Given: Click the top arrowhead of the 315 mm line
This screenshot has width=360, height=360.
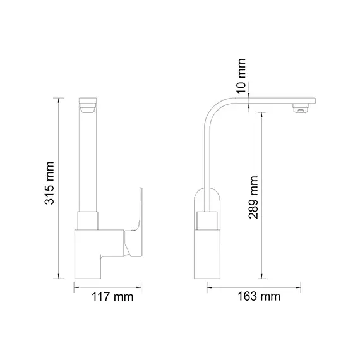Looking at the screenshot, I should pyautogui.click(x=61, y=99).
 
